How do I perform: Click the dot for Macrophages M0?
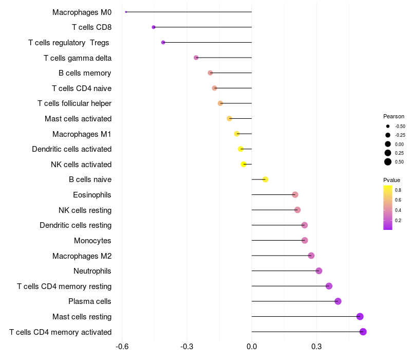[126, 12]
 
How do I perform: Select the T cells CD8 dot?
[154, 27]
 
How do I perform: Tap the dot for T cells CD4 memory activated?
[363, 332]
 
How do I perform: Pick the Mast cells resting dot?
[360, 316]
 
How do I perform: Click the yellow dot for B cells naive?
[265, 179]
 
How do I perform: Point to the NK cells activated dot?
[244, 164]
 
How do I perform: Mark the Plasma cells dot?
[338, 301]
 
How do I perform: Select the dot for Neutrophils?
[319, 271]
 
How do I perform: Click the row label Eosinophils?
[92, 195]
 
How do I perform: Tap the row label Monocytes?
[92, 241]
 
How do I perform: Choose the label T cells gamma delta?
[78, 58]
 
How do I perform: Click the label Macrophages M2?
[82, 256]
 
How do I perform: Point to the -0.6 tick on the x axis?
[122, 347]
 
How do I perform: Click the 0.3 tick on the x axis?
[316, 347]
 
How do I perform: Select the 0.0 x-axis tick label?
[252, 347]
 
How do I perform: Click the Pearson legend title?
[394, 116]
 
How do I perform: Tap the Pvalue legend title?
[391, 180]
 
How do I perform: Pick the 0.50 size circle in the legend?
[388, 161]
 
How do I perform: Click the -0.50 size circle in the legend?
[388, 126]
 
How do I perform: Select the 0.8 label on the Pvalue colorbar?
[398, 190]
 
